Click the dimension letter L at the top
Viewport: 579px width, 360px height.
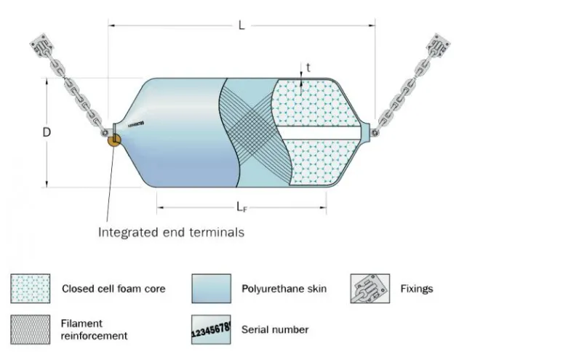coord(241,25)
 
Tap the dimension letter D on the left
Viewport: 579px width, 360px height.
coord(47,132)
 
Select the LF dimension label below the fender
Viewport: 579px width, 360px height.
coord(241,207)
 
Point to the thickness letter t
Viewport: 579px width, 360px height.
coord(308,67)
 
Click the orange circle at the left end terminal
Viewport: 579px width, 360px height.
coord(114,139)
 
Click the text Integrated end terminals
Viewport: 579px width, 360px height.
coord(171,233)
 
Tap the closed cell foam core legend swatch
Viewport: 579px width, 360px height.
coord(31,288)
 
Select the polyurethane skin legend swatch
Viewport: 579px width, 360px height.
coord(211,288)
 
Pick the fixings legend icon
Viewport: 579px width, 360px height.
coord(369,288)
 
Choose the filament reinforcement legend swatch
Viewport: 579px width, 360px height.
coord(31,329)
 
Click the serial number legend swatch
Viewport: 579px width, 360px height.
coord(211,329)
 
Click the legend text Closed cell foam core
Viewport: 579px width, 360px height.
coord(113,289)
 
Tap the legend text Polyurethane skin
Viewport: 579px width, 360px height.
coord(284,289)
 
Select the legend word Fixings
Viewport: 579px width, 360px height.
coord(416,289)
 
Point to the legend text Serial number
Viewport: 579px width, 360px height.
coord(275,329)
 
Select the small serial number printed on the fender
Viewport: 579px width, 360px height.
coord(136,124)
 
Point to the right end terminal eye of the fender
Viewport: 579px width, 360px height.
coord(374,132)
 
